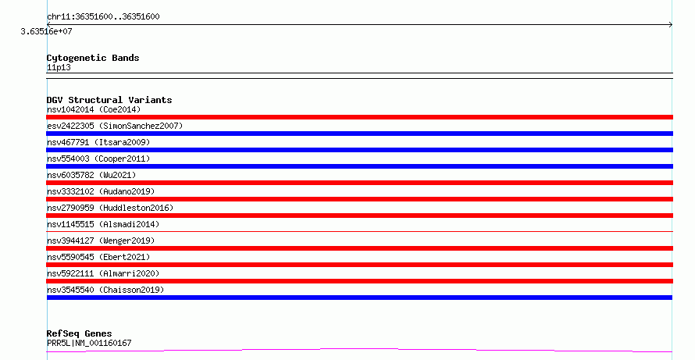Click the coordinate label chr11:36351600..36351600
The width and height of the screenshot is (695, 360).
pos(103,16)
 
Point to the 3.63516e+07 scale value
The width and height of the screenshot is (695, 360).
pos(47,31)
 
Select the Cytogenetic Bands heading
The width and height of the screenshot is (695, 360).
pos(93,58)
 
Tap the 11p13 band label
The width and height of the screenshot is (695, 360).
pos(59,67)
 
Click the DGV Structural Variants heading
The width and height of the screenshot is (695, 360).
pos(109,100)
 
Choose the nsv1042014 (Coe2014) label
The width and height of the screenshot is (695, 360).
pos(94,109)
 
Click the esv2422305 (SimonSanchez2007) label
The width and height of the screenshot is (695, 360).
pos(115,126)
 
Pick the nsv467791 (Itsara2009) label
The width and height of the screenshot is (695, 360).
pos(98,142)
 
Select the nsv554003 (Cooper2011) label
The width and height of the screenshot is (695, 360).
pos(98,159)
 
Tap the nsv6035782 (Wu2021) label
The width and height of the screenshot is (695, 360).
pos(91,175)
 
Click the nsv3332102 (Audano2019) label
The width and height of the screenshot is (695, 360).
pos(101,191)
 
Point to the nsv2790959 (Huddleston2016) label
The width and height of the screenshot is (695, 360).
pos(110,208)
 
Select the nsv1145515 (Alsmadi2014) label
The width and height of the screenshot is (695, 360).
pos(103,224)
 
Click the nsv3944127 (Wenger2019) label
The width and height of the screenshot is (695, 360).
pos(101,241)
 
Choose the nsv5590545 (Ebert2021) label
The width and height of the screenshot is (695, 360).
pos(98,257)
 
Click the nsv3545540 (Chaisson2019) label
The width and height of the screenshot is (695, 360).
pos(105,290)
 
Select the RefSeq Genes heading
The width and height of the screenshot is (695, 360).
pos(80,333)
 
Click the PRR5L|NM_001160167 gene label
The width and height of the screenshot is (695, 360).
pos(89,343)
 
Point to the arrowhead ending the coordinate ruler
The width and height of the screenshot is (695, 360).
pos(671,25)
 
